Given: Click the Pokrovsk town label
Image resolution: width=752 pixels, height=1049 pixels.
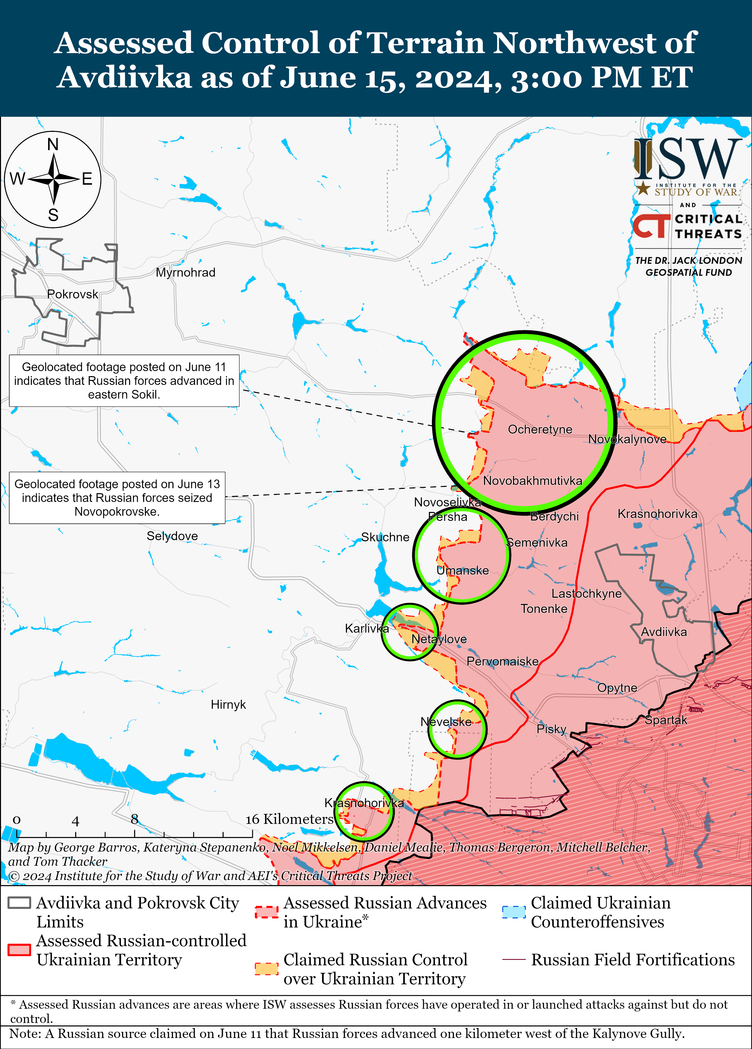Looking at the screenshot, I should (x=73, y=294).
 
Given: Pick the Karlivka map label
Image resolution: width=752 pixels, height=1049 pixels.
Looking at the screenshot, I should (x=366, y=628).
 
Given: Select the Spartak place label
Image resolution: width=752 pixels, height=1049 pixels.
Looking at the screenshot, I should (x=666, y=720).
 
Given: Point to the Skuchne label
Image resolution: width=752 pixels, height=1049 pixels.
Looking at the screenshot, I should (x=385, y=537).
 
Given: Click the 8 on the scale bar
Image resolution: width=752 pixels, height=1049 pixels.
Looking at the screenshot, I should (x=134, y=819).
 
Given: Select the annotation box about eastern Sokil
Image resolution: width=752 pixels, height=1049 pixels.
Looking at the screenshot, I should (x=124, y=381).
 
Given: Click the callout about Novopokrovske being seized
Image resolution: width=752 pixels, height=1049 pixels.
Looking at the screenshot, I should (x=117, y=498).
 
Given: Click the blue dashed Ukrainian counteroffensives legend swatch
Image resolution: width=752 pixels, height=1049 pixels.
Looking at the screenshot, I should (x=514, y=912).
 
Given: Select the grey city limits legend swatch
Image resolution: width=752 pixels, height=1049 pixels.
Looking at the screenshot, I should (x=20, y=902).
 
